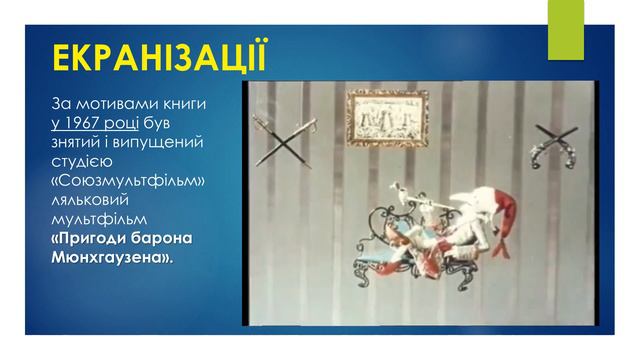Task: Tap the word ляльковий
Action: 93,199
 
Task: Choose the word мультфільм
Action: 98,218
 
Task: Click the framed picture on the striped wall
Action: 387,119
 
